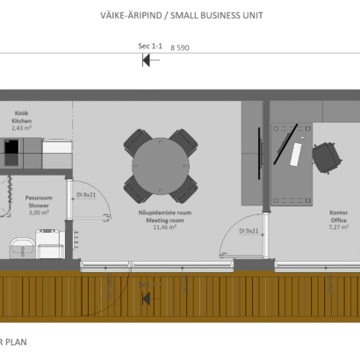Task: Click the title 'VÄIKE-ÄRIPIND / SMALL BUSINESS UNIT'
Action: click(x=182, y=15)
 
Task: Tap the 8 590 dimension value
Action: click(x=180, y=47)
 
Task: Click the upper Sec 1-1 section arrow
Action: click(x=150, y=61)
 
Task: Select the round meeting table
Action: click(x=161, y=166)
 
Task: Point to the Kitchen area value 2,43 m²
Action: click(x=21, y=128)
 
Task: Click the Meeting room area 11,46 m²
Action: click(x=165, y=227)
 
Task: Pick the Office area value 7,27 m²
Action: click(x=339, y=227)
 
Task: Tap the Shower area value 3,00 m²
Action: click(x=39, y=212)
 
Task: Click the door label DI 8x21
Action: click(x=86, y=195)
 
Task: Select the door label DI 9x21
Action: click(x=248, y=231)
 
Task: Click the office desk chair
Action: click(x=327, y=158)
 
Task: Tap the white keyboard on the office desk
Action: click(x=296, y=155)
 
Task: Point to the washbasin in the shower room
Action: click(x=22, y=248)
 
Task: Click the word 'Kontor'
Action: click(x=339, y=212)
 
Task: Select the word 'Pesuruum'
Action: click(x=39, y=198)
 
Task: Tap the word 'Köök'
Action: click(x=21, y=113)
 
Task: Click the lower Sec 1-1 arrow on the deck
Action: click(x=150, y=299)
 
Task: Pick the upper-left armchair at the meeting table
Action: click(x=137, y=142)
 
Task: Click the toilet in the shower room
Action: click(x=50, y=243)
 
